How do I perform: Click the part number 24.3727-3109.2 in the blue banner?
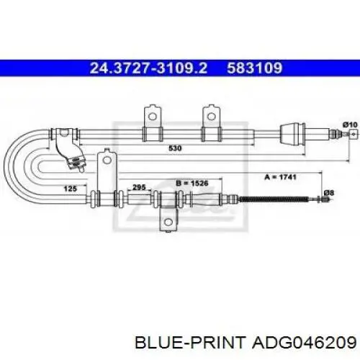click(x=148, y=68)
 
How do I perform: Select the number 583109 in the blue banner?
click(x=255, y=68)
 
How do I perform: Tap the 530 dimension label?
click(x=175, y=148)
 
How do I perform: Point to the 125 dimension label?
click(x=70, y=189)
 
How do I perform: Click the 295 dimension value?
click(x=139, y=187)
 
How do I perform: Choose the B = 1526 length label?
click(x=192, y=184)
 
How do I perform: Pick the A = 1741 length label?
click(x=280, y=177)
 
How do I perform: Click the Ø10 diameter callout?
click(x=350, y=125)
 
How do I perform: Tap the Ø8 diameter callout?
click(x=329, y=193)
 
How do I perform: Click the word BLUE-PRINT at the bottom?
click(x=191, y=342)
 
